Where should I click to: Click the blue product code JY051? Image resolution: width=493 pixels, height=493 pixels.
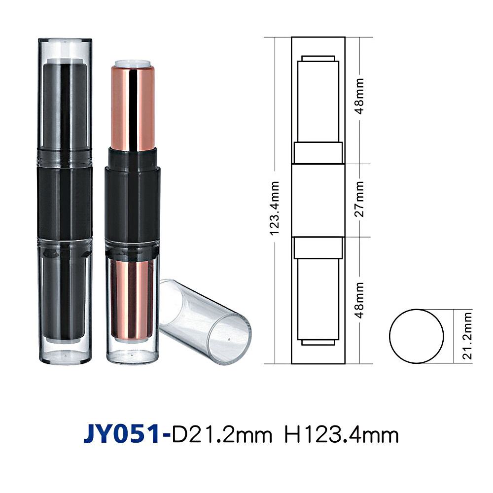point(122,434)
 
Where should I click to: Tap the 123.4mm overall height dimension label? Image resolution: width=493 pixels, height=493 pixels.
point(275,208)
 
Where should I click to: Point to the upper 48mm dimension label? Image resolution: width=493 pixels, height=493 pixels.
point(359,96)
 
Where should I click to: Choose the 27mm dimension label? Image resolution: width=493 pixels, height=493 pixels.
point(359,199)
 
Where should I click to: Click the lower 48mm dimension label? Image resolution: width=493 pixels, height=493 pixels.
point(359,300)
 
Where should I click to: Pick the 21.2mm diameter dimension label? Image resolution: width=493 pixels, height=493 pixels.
point(467,336)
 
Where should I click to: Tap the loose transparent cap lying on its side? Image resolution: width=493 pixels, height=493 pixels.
point(205,321)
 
